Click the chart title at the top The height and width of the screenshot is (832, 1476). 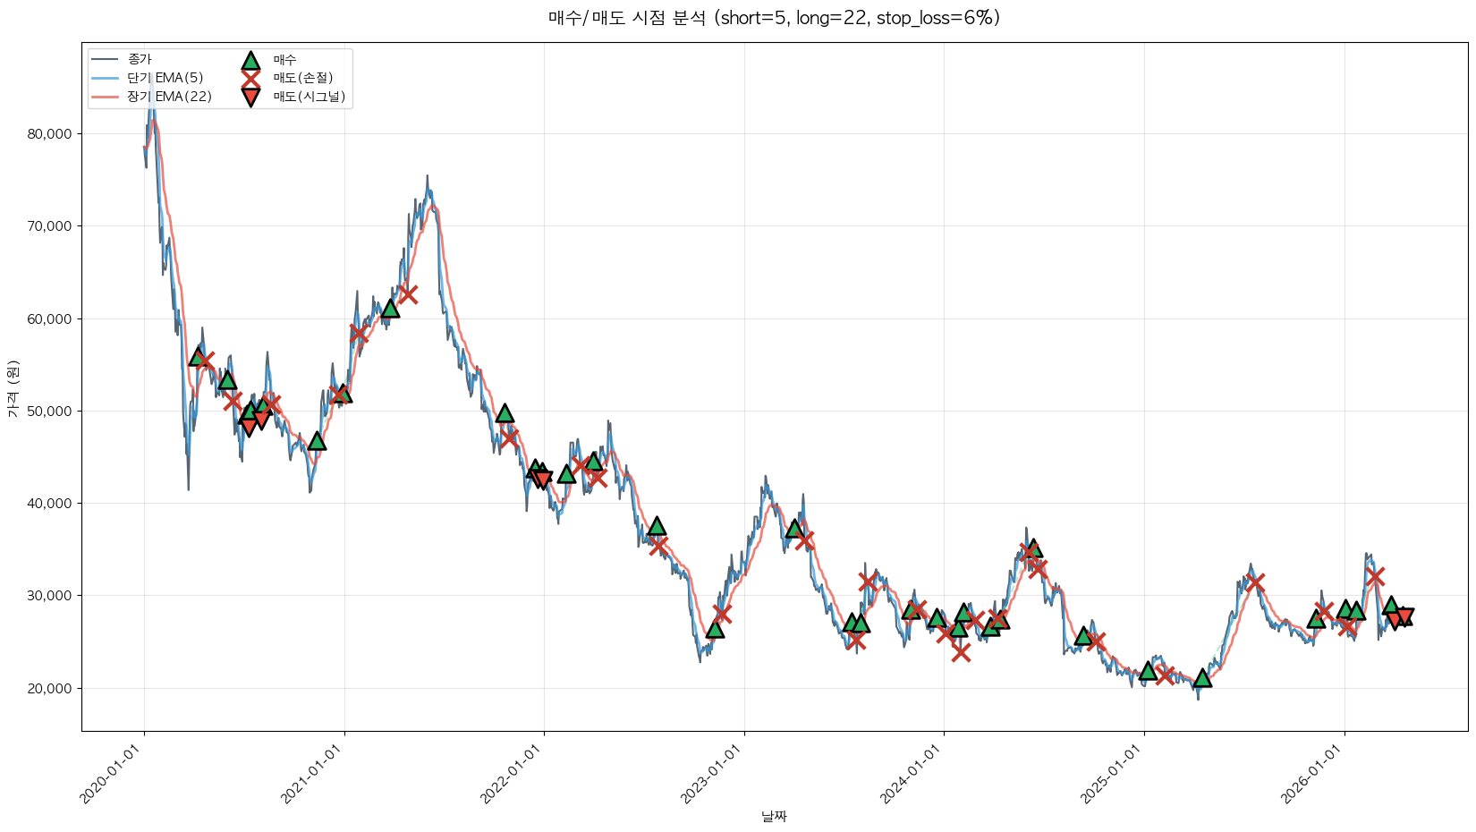point(774,18)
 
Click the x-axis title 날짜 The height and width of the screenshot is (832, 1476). point(774,816)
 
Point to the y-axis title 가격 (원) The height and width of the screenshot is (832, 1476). point(13,388)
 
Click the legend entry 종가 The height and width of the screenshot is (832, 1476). point(140,59)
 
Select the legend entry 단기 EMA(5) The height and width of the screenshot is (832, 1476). point(165,78)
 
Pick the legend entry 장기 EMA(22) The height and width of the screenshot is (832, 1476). point(169,97)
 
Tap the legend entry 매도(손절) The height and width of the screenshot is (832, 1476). point(302,78)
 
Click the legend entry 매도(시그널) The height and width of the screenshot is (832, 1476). point(309,97)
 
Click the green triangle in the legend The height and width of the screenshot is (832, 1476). point(250,60)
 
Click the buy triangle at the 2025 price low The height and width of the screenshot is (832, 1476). point(1202,678)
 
